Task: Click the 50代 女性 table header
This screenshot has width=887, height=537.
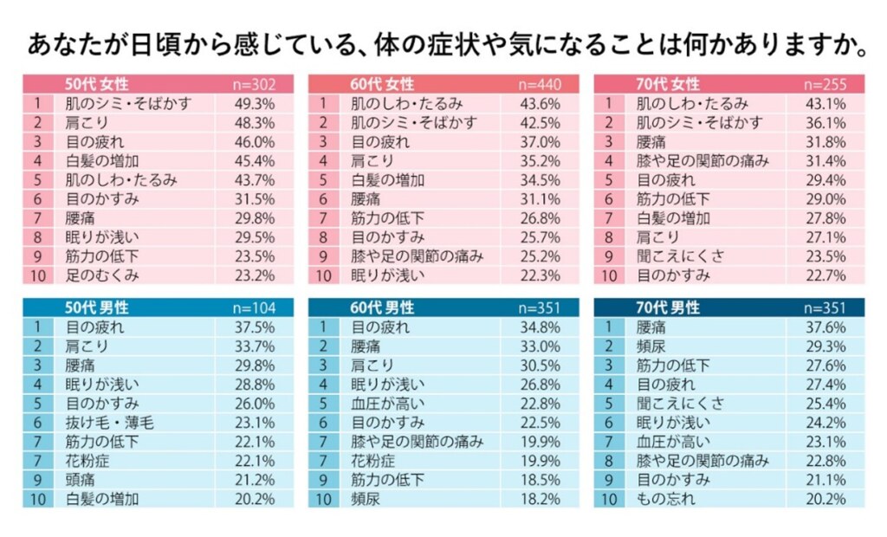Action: [97, 84]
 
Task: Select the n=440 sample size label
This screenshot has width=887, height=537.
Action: [540, 84]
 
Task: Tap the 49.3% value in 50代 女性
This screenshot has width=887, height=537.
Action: [255, 104]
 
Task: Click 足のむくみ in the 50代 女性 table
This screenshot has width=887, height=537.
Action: [102, 275]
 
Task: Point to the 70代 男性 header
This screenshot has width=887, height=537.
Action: [668, 308]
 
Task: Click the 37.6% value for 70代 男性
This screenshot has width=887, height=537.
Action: [825, 327]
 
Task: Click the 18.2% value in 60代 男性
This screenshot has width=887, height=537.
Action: [540, 499]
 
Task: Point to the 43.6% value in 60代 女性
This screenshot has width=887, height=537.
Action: [540, 104]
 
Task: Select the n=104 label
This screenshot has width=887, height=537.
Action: [255, 308]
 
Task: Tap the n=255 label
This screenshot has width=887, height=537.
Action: [825, 84]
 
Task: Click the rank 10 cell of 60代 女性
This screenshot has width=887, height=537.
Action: [322, 275]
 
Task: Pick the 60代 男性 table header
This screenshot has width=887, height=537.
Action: [382, 308]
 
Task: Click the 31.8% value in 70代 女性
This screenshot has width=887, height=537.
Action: [825, 142]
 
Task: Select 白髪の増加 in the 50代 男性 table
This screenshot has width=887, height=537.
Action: [102, 499]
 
